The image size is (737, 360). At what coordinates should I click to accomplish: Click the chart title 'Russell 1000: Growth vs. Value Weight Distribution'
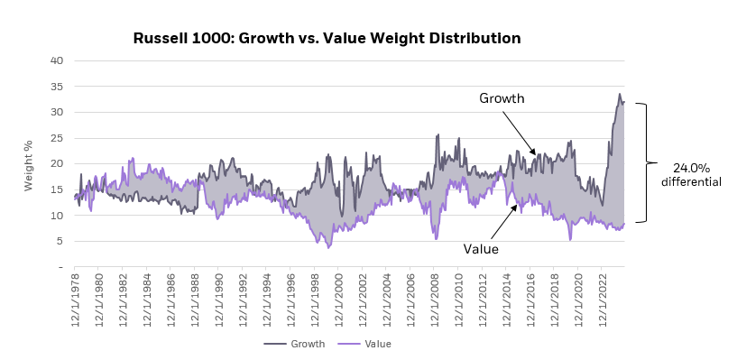(x=327, y=39)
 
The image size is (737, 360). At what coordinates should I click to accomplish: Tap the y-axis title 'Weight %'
(x=28, y=165)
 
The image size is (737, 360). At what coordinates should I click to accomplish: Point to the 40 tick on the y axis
(x=56, y=60)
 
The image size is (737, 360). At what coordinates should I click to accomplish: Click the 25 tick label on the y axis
(x=56, y=138)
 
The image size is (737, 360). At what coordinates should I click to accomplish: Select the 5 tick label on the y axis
(x=59, y=242)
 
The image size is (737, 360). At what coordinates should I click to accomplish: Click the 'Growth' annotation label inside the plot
(x=502, y=98)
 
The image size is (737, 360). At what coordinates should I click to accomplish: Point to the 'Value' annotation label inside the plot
(x=481, y=249)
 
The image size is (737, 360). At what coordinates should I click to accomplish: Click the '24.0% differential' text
(x=691, y=174)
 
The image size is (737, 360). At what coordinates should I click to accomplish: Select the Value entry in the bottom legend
(x=365, y=344)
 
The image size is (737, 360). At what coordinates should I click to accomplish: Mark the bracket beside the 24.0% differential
(x=644, y=162)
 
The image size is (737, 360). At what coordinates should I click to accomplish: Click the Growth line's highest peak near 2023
(x=620, y=94)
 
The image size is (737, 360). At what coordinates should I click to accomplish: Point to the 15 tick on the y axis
(x=56, y=190)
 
